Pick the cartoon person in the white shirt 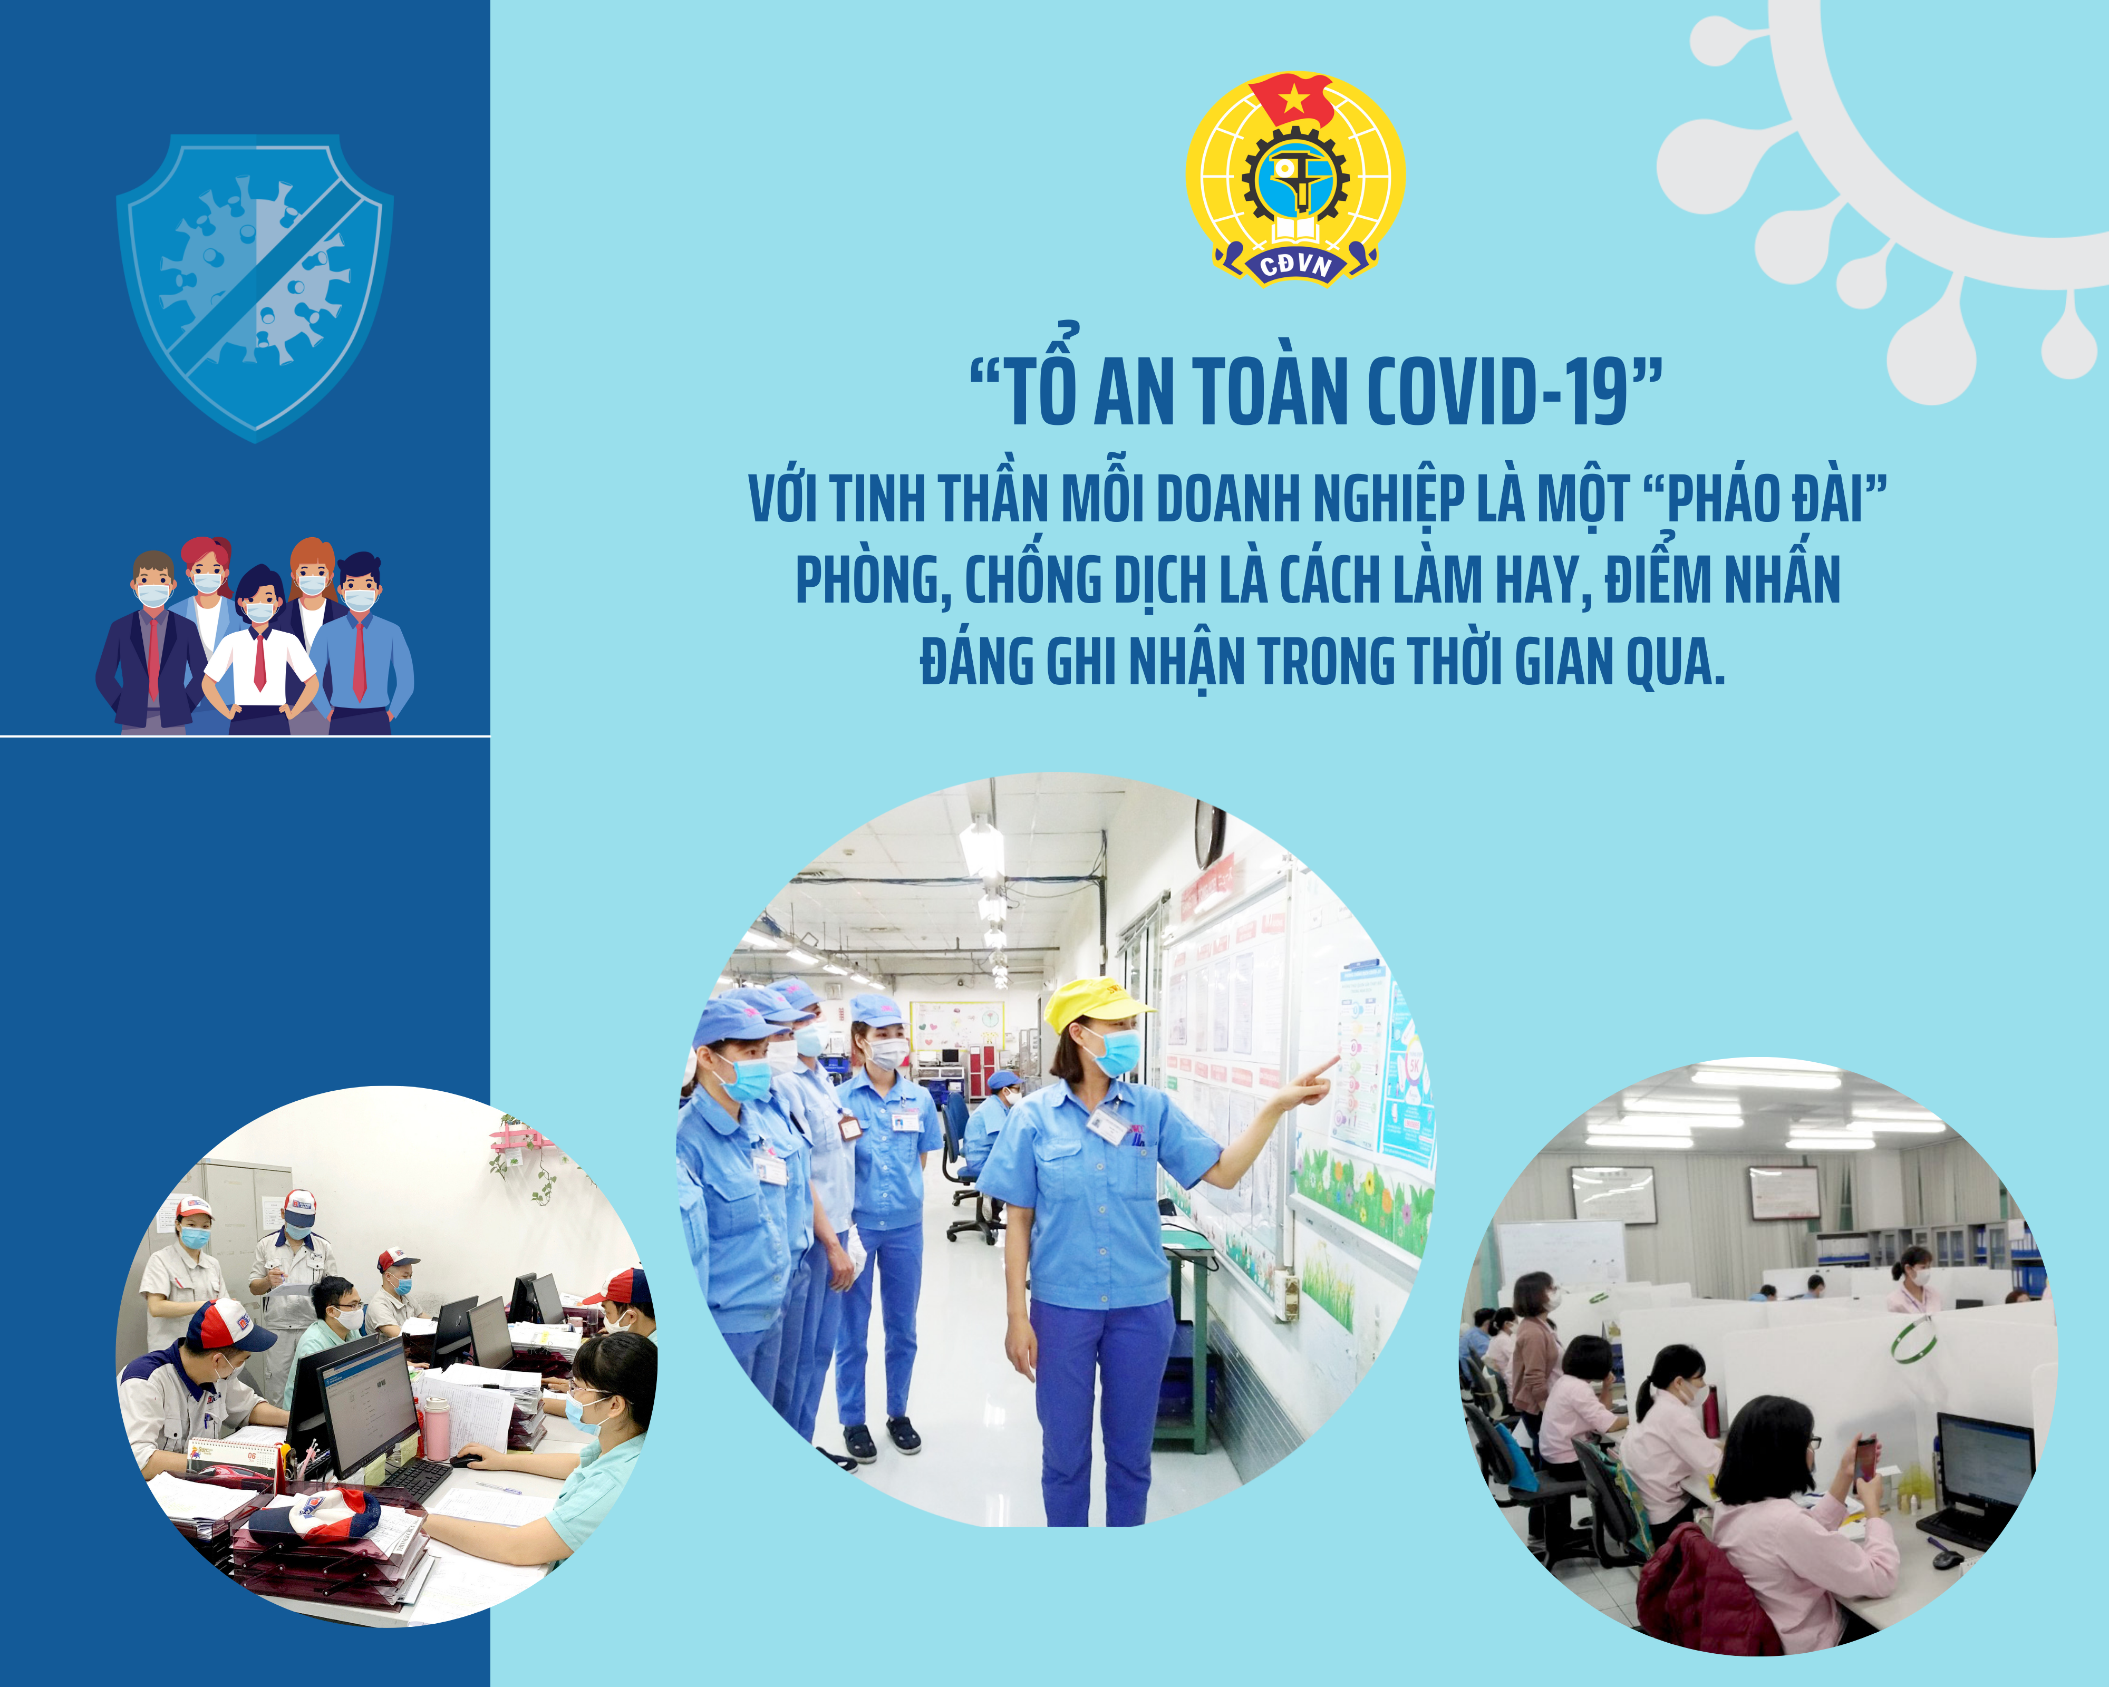pyautogui.click(x=260, y=651)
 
